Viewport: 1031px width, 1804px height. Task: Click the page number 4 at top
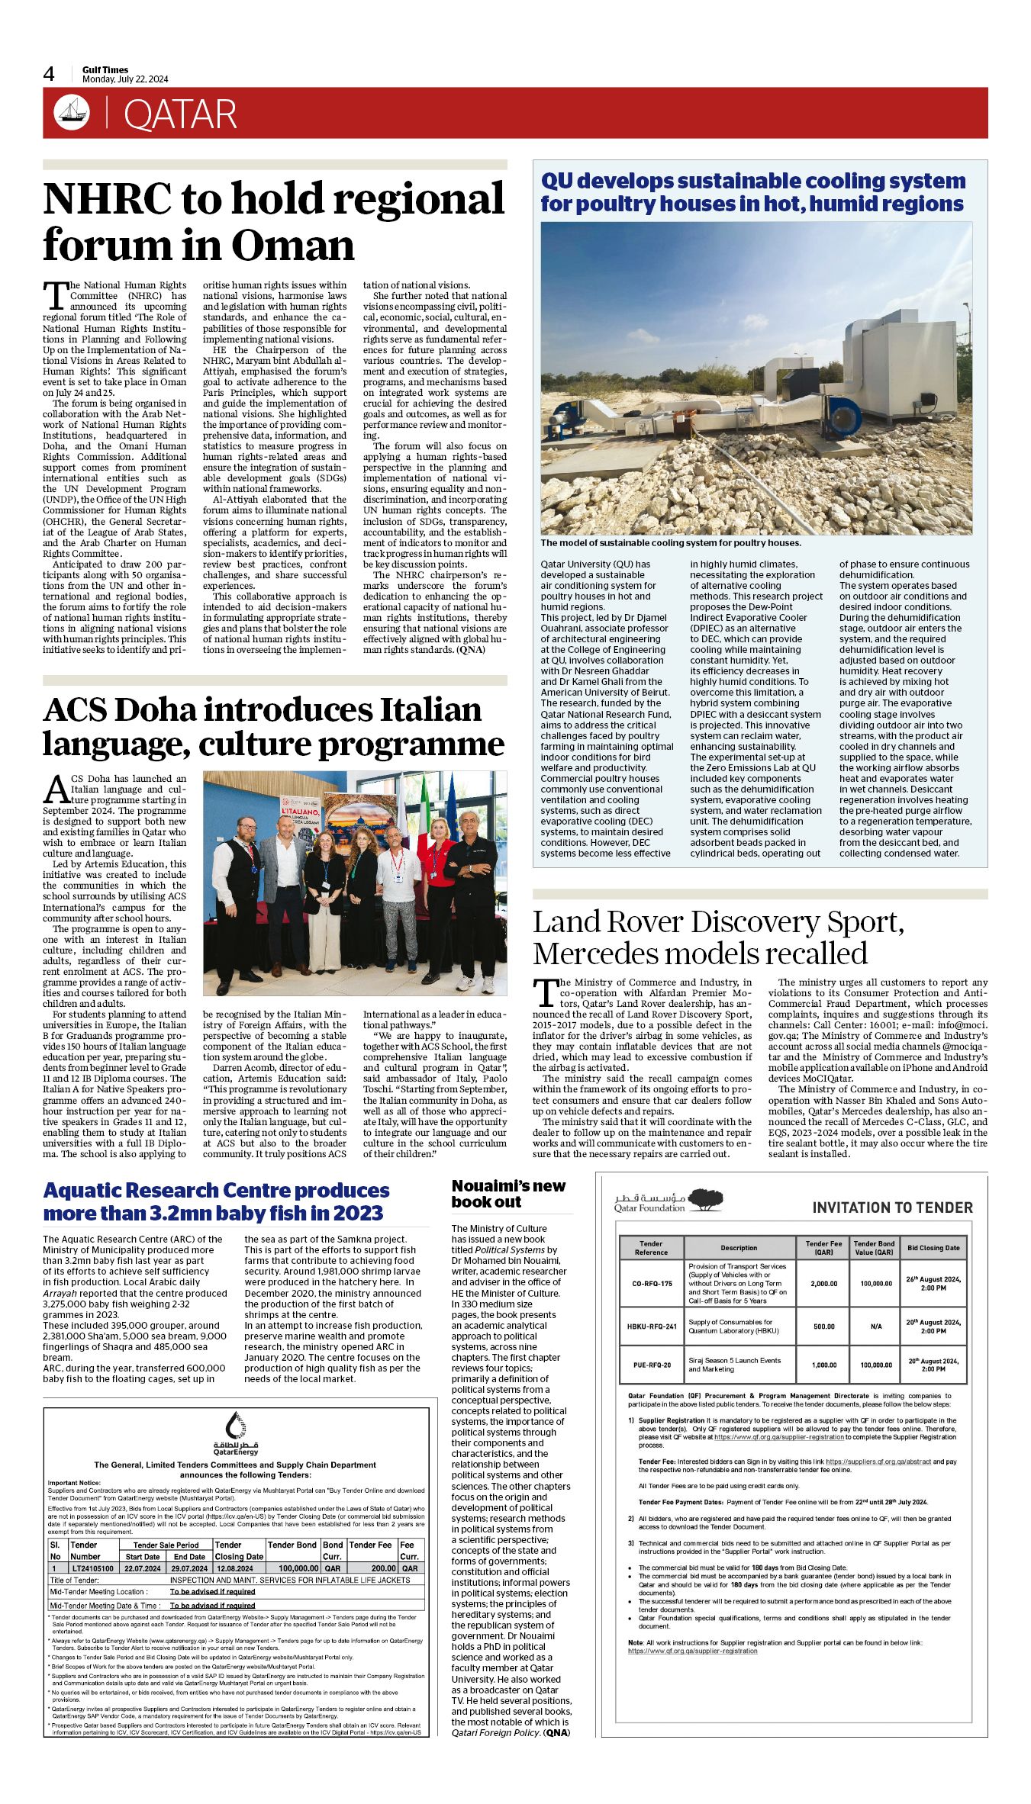click(x=49, y=74)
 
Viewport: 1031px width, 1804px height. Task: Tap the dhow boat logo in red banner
click(x=72, y=113)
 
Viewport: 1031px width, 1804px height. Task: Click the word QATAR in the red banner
click(x=180, y=115)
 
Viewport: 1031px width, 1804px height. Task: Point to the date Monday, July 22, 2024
click(x=125, y=79)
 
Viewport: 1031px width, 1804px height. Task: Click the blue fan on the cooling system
click(x=844, y=419)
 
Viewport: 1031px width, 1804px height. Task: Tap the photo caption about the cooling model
click(x=671, y=543)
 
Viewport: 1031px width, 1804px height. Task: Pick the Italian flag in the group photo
click(x=424, y=809)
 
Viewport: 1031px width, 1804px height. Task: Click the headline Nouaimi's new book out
click(x=508, y=1194)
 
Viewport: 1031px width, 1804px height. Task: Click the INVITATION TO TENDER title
click(x=892, y=1207)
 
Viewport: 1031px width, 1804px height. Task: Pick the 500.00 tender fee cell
click(x=823, y=1326)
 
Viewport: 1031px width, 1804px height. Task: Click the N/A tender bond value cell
click(x=875, y=1326)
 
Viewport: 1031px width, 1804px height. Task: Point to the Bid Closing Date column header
click(x=933, y=1248)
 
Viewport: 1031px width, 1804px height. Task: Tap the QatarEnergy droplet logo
click(x=236, y=1424)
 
